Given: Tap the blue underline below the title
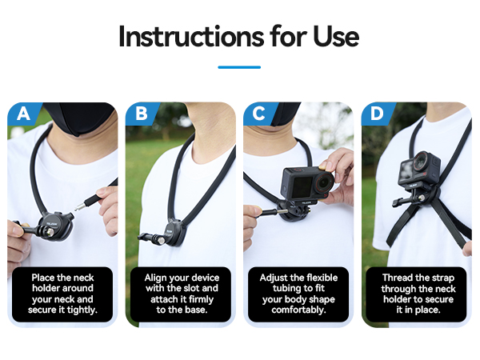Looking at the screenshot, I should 239,67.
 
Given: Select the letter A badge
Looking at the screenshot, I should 23,114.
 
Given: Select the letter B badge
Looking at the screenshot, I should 142,114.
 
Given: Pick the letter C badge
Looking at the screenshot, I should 259,114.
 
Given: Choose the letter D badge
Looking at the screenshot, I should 377,114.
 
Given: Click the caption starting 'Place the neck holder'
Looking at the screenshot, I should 64,294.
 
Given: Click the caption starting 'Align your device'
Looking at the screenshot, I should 182,294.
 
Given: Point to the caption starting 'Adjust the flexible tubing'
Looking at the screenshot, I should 298,294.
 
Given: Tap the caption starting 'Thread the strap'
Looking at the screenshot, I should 416,294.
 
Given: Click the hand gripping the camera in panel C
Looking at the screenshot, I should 336,172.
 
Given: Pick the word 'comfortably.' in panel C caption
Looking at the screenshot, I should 298,310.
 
